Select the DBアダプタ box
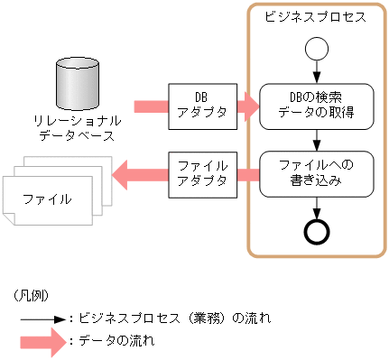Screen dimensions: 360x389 pos(202,106)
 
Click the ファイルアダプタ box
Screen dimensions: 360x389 pos(202,173)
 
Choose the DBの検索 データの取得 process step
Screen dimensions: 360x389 pos(315,105)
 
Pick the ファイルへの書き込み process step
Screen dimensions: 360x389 pos(315,172)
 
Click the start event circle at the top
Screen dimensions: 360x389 pos(316,47)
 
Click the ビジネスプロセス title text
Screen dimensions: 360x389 pos(315,16)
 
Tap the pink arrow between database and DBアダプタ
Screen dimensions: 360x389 pos(152,106)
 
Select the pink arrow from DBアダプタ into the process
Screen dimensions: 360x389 pos(246,106)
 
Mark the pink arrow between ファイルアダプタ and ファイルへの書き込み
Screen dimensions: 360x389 pos(247,173)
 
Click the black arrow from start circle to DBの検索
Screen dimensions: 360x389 pos(316,71)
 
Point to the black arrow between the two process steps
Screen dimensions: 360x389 pos(316,139)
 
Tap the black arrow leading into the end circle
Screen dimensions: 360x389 pos(316,206)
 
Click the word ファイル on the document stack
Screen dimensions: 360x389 pos(47,197)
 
